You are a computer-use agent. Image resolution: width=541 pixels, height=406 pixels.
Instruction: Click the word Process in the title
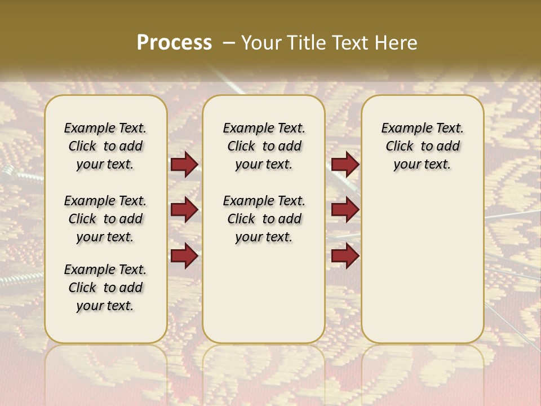point(174,42)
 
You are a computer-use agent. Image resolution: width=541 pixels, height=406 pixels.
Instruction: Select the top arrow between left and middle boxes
point(184,165)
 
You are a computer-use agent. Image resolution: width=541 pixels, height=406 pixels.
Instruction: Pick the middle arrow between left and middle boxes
point(184,210)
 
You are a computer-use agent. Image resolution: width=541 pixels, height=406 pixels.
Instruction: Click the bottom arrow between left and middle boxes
point(184,255)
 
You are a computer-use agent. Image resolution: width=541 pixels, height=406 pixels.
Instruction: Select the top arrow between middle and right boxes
point(345,165)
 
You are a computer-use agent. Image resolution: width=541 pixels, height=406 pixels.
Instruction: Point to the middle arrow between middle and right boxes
point(345,210)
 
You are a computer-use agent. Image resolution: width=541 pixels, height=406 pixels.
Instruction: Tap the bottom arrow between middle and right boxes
point(345,255)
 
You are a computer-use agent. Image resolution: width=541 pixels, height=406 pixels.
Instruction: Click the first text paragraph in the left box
point(105,146)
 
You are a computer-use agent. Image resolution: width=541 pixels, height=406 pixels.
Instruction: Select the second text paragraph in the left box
point(105,219)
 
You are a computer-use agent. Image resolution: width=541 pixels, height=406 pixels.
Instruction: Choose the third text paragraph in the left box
point(105,288)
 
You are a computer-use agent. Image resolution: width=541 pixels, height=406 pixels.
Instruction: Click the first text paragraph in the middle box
point(264,146)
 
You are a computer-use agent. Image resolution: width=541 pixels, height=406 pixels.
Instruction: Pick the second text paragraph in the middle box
point(264,219)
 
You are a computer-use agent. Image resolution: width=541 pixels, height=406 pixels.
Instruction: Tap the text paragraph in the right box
point(422,146)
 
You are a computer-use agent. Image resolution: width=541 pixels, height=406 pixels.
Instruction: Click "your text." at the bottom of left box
point(105,306)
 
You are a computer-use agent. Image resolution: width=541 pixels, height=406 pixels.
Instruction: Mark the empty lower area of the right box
point(422,265)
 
